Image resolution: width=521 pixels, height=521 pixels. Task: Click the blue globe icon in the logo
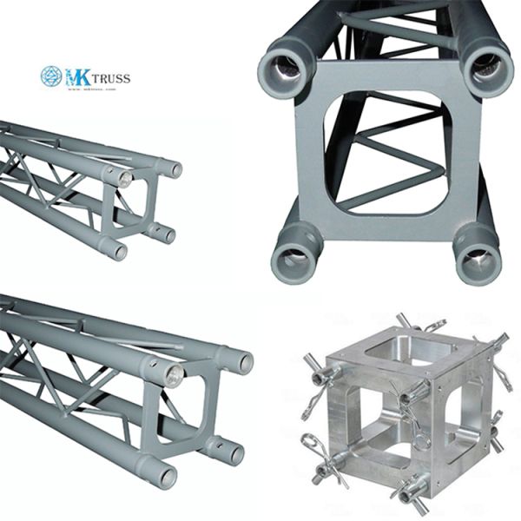point(51,76)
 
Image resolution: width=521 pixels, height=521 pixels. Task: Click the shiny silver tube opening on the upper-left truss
point(124,180)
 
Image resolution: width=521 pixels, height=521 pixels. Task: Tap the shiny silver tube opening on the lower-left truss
point(172,376)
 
